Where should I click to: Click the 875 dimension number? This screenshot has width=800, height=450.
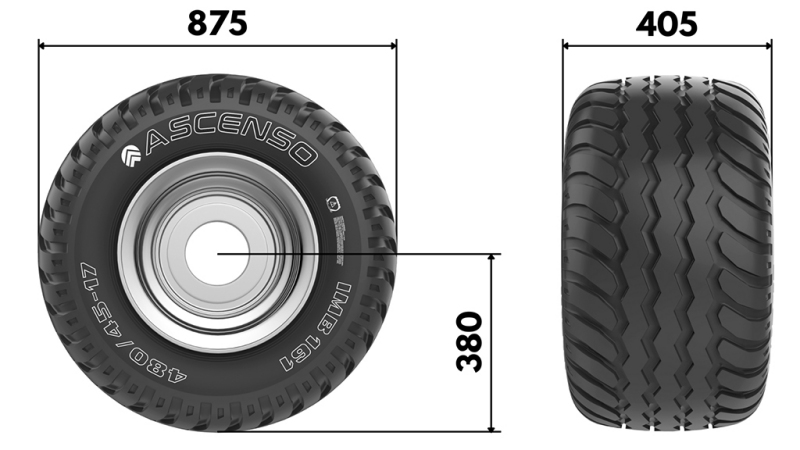click(217, 22)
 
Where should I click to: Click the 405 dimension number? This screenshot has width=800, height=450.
click(667, 22)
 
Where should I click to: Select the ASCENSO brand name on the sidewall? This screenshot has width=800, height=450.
click(231, 146)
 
